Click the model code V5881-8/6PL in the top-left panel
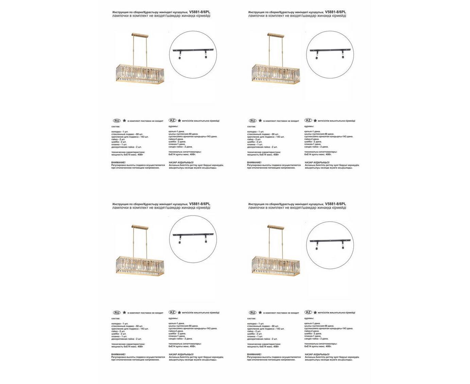(x=199, y=12)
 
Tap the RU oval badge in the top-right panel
(x=253, y=121)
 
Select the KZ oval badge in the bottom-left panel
(x=172, y=312)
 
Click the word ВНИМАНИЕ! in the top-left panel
(x=118, y=162)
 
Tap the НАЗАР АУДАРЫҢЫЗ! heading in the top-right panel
(x=317, y=162)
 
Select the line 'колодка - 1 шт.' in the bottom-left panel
(x=120, y=324)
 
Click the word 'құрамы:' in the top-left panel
(x=173, y=126)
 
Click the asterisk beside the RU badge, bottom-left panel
(x=124, y=313)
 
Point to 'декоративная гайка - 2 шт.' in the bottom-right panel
(x=262, y=339)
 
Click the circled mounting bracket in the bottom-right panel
(x=330, y=243)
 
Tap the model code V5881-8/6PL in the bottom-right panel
(x=335, y=204)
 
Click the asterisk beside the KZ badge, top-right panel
(x=315, y=121)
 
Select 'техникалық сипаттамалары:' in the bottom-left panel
(x=185, y=344)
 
